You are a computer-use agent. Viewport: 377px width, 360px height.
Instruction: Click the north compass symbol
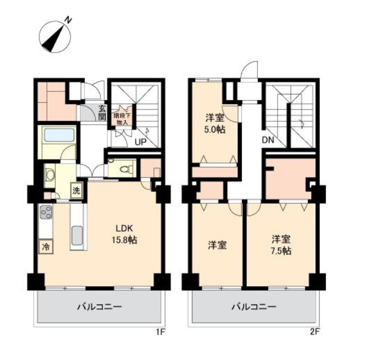(x=55, y=37)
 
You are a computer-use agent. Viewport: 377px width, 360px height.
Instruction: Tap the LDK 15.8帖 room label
(x=124, y=234)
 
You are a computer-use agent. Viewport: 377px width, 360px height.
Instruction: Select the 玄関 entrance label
(x=102, y=113)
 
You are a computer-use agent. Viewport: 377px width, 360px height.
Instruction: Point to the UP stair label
(x=141, y=142)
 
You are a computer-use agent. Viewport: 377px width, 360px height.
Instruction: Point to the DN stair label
(x=268, y=140)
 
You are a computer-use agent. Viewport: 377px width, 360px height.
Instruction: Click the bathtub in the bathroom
(x=59, y=135)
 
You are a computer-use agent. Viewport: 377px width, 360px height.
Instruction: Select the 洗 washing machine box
(x=76, y=190)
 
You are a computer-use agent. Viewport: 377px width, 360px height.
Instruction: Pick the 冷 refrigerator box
(x=46, y=246)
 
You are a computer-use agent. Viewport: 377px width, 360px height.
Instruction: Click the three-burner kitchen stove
(x=46, y=212)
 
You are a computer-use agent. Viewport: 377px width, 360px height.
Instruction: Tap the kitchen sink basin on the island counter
(x=77, y=235)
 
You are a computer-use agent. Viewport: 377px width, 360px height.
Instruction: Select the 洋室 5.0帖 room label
(x=214, y=124)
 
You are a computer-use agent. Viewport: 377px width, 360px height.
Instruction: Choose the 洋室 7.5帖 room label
(x=281, y=245)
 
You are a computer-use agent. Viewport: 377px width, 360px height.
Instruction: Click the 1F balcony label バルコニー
(x=99, y=306)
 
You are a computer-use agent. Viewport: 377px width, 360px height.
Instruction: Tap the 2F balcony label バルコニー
(x=254, y=306)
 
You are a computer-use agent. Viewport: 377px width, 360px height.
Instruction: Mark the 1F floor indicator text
(x=160, y=332)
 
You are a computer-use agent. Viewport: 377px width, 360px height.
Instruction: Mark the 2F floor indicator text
(x=314, y=332)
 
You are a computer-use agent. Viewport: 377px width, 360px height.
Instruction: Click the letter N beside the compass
(x=69, y=20)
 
